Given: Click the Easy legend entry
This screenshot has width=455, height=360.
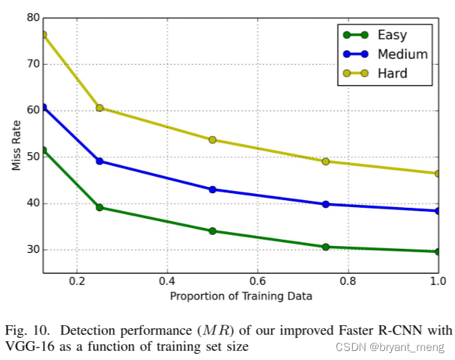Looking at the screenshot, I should (392, 35).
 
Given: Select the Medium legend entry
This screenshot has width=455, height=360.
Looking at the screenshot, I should (402, 54).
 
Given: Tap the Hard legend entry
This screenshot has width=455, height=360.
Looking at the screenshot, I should (392, 73).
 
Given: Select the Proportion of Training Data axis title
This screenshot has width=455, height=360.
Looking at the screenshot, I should (241, 296).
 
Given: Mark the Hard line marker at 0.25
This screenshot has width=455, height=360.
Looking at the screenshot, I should (99, 108).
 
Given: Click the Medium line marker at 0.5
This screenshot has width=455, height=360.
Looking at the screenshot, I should (213, 189).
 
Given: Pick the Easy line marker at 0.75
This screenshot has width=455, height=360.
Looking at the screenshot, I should (325, 247).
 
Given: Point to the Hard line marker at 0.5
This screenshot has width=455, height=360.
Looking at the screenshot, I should (213, 140).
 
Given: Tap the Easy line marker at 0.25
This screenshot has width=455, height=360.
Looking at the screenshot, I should (99, 207).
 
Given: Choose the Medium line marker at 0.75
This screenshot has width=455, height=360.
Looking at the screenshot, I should (325, 204).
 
